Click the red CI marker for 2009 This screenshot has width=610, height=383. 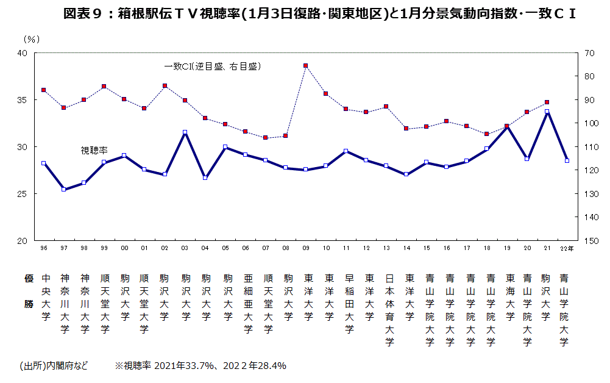305,65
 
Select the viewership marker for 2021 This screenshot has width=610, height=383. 547,112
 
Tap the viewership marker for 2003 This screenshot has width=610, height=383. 185,132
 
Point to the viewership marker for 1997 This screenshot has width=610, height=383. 63,189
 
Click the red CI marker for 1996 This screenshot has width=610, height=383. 43,90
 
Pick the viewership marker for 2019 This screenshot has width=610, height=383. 506,126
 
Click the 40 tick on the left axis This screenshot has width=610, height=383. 23,53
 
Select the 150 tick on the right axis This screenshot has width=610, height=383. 589,241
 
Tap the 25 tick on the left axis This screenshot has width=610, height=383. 23,194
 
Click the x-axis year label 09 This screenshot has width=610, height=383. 305,248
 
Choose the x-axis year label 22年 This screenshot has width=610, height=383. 566,248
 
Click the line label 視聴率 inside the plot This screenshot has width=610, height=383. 93,149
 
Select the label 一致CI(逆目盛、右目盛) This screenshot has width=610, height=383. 213,66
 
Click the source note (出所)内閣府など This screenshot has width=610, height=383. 54,366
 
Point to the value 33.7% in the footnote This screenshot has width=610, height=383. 199,366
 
